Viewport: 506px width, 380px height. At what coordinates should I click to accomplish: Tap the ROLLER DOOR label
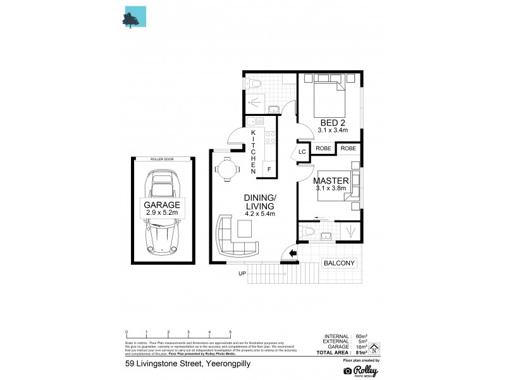coord(163,159)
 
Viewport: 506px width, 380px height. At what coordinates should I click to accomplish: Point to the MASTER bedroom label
coord(331,181)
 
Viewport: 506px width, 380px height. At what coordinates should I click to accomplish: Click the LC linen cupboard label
coord(302,152)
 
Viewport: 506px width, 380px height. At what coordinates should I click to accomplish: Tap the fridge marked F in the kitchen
coord(269,169)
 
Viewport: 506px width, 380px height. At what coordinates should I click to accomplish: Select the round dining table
coord(227,169)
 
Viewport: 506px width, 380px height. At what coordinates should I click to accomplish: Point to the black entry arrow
coord(292,255)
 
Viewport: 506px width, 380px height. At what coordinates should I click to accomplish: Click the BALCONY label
coord(339,263)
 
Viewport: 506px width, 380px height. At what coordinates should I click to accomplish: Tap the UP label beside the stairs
coord(242,274)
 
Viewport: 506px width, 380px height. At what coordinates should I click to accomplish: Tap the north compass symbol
coord(375,347)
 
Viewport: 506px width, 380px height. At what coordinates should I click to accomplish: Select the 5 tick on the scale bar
coord(230,332)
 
